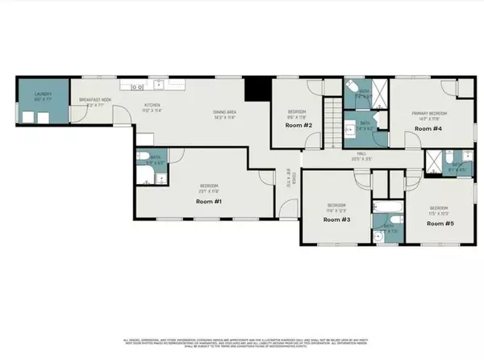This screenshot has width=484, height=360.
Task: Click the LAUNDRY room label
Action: (x=42, y=94)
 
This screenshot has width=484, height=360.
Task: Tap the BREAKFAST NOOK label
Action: (x=94, y=101)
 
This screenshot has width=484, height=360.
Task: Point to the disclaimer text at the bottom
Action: (x=242, y=342)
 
